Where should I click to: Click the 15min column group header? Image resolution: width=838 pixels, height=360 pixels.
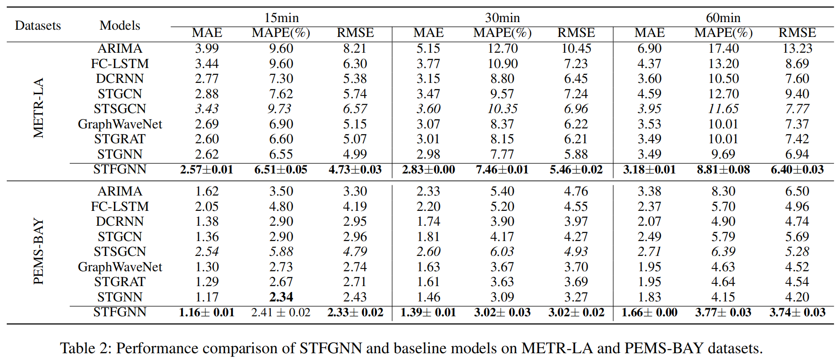(281, 18)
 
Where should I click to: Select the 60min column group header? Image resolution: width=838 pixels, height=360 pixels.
(723, 18)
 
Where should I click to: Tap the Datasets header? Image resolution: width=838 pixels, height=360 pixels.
(38, 25)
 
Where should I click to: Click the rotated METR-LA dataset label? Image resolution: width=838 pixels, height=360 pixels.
(39, 108)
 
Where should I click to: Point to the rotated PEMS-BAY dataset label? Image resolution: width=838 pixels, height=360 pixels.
(39, 251)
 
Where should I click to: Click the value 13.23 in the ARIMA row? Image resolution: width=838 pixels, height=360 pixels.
(797, 48)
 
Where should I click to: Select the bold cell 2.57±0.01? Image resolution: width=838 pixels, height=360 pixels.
(207, 169)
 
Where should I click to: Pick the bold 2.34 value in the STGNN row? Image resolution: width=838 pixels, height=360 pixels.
(281, 297)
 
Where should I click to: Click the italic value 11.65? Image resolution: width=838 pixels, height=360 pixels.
(723, 109)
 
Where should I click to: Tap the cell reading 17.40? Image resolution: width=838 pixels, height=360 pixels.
(723, 48)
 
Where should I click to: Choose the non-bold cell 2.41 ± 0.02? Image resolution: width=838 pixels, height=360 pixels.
(281, 312)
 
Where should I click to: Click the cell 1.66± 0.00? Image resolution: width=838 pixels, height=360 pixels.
(649, 312)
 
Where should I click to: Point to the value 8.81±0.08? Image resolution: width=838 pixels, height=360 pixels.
(723, 169)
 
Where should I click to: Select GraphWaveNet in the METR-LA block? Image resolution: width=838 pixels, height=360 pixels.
(120, 124)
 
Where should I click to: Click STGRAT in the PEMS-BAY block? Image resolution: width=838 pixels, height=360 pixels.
(120, 282)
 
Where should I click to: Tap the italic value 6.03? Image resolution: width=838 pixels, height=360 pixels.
(502, 251)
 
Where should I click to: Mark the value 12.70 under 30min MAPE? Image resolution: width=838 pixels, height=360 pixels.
(502, 48)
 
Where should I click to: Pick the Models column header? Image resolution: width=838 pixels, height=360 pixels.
(120, 25)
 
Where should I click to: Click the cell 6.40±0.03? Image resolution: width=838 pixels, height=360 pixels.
(797, 169)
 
